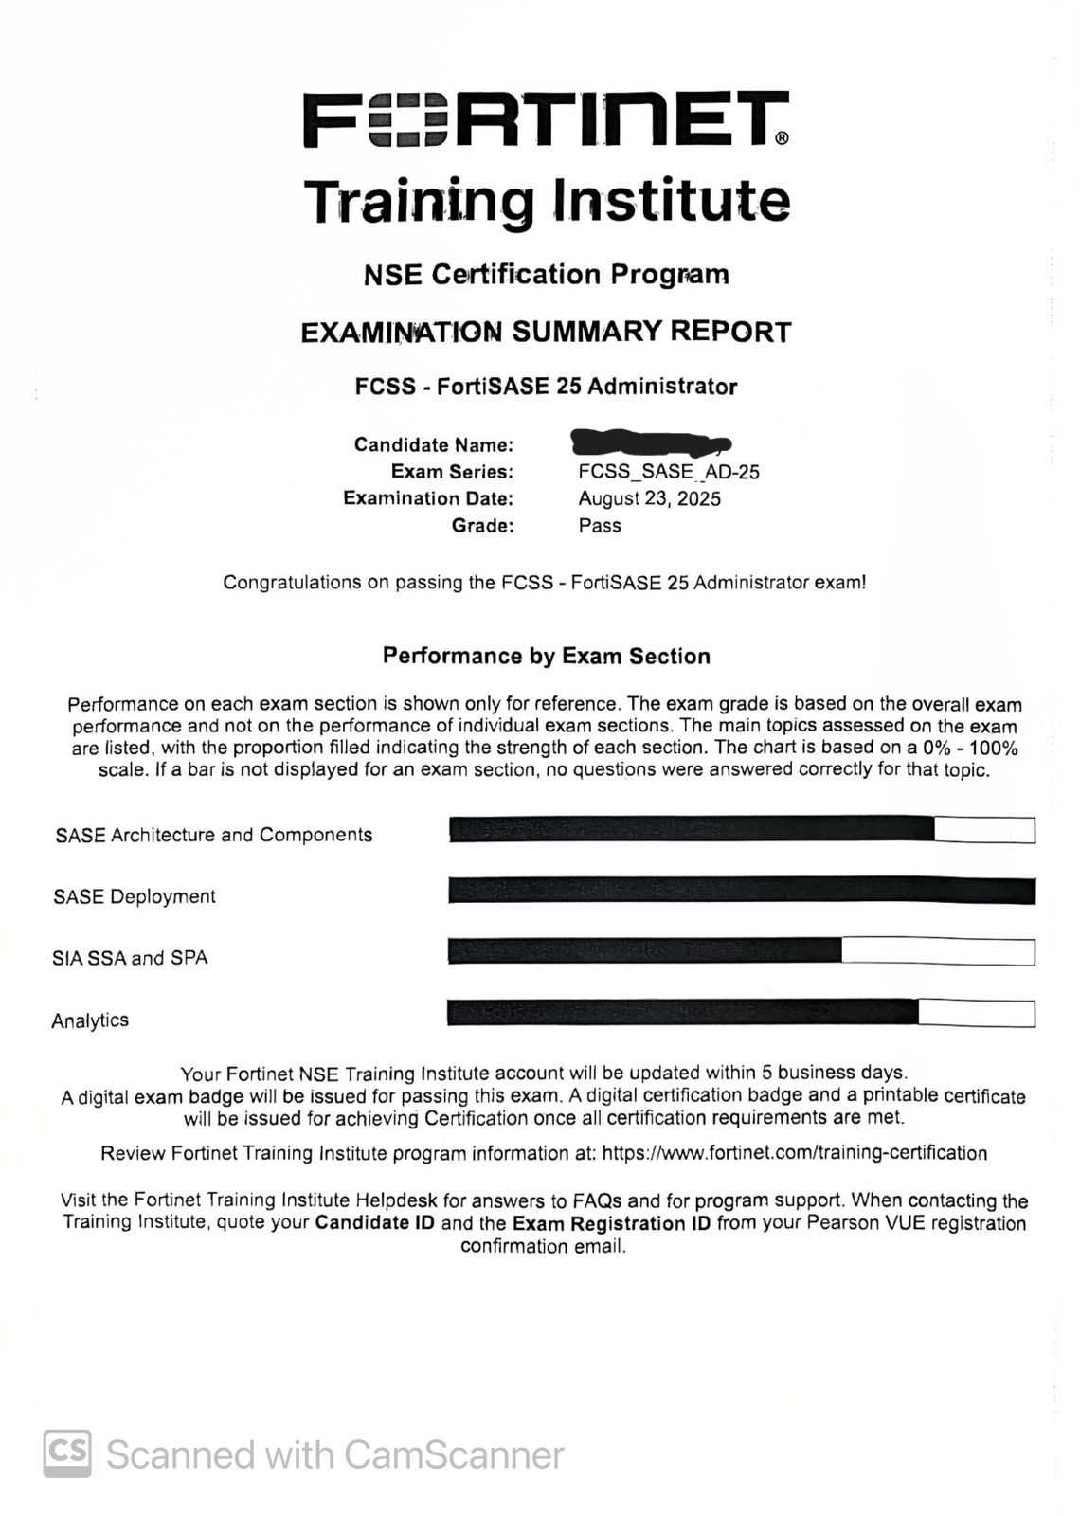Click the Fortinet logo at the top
[x=546, y=119]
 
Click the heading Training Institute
[x=546, y=201]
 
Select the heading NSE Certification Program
[x=546, y=275]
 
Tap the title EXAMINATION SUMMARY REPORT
[x=546, y=332]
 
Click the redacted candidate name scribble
[x=650, y=442]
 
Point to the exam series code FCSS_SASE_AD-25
[x=669, y=472]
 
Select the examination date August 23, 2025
[x=650, y=498]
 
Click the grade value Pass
[x=600, y=525]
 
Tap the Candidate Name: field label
[x=434, y=444]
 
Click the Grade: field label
[x=483, y=525]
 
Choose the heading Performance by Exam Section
[x=546, y=656]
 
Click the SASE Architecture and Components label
[x=214, y=835]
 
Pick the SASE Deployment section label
[x=135, y=896]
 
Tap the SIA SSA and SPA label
[x=130, y=958]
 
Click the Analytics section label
[x=90, y=1020]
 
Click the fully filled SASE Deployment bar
[x=741, y=891]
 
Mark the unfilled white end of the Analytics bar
[x=976, y=1013]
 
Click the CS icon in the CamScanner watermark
[x=67, y=1453]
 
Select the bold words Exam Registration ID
[x=611, y=1223]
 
